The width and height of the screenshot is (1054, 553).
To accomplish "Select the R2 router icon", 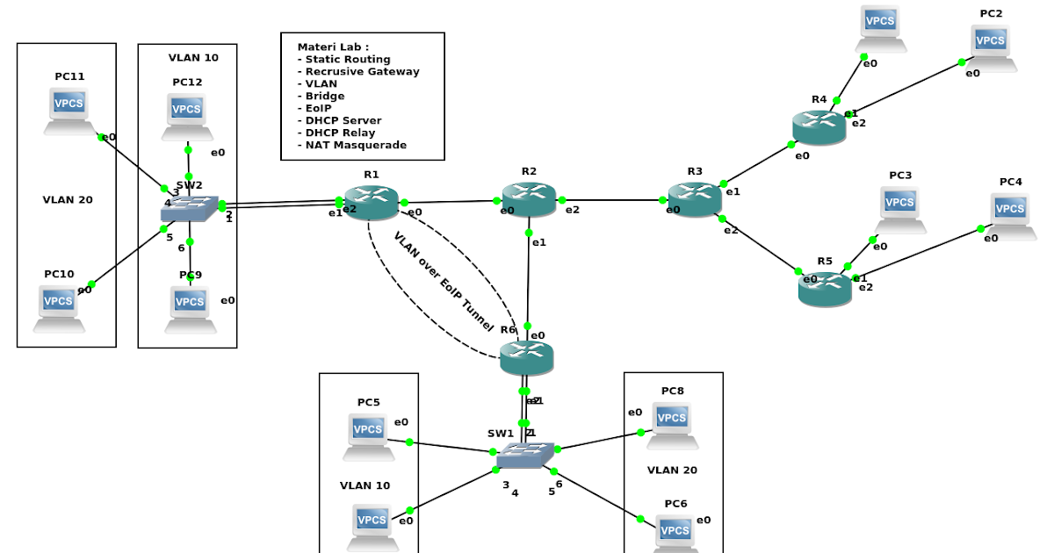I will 530,200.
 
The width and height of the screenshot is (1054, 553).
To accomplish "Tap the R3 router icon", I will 695,199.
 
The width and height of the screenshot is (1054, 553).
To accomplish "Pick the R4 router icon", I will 819,127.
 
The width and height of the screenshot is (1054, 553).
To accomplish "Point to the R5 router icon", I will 825,288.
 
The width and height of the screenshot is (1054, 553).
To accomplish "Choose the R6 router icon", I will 526,356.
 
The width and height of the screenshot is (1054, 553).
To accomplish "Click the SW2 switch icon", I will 189,207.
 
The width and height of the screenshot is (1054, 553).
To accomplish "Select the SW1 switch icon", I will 525,454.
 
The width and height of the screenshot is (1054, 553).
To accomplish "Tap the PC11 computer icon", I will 69,111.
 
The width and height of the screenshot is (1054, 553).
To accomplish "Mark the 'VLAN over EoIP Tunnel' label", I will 444,282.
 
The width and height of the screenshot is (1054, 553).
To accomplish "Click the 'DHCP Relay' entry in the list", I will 340,133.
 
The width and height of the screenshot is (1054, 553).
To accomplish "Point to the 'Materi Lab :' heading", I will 333,47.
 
